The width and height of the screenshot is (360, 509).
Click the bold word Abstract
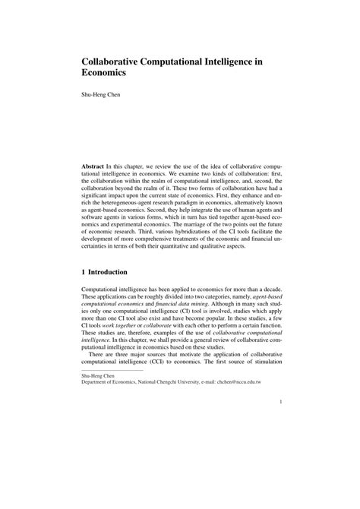click(95, 165)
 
